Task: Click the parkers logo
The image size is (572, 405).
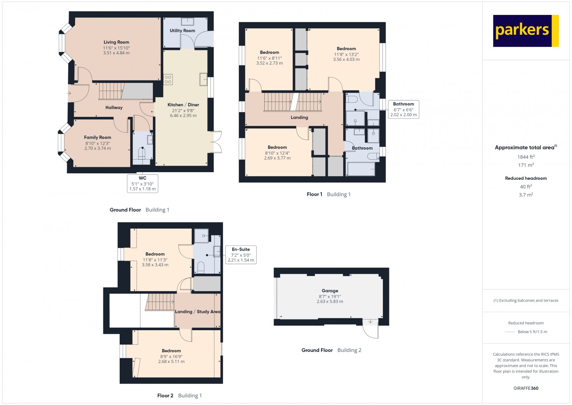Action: [x=526, y=31]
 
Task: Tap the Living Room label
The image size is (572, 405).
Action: [x=116, y=42]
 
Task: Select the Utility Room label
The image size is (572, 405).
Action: [x=182, y=31]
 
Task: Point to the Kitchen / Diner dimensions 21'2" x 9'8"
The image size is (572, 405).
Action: [x=183, y=110]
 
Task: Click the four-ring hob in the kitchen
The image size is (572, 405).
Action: [x=168, y=79]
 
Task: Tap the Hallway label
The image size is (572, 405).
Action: [x=114, y=108]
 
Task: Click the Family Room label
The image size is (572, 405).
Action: [x=98, y=137]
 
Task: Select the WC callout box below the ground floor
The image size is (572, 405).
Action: [x=143, y=183]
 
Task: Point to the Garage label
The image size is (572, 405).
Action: [x=330, y=291]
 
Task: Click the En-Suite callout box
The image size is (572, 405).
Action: [x=241, y=255]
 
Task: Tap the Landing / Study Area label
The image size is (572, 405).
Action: [x=198, y=311]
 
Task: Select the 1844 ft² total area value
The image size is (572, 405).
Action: [x=526, y=157]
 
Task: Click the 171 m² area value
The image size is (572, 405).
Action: [x=526, y=165]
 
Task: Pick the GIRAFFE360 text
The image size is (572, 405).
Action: [x=526, y=388]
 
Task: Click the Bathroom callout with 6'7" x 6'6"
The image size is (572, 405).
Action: [x=403, y=109]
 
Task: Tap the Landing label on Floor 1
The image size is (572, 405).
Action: [x=299, y=117]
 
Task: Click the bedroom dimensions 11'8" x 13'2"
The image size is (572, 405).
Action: [x=346, y=55]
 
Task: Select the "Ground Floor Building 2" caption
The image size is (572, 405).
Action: [x=331, y=350]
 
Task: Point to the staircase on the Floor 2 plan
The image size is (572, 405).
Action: [x=160, y=302]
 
